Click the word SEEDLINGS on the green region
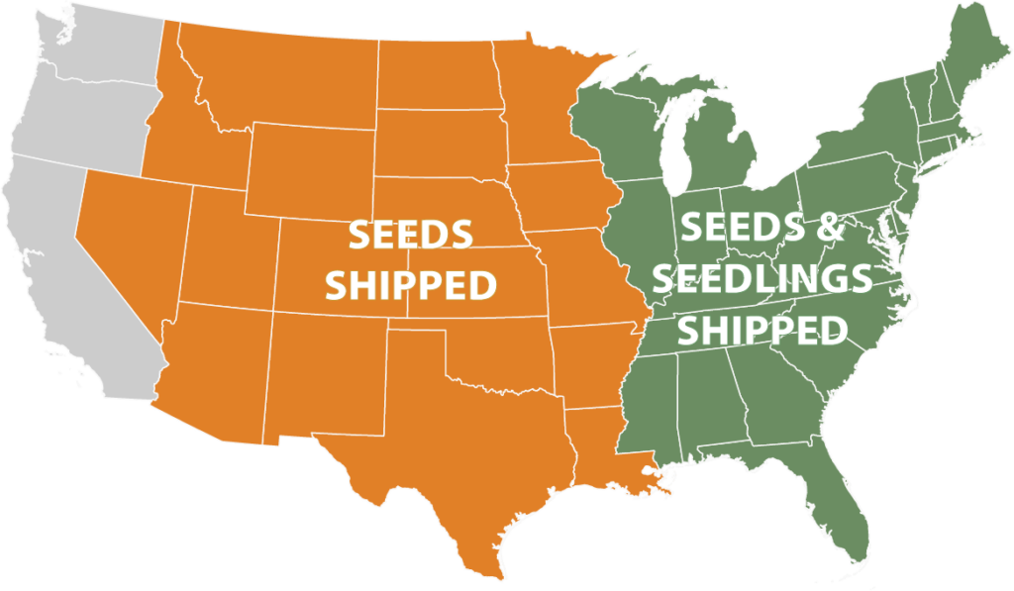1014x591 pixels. (762, 279)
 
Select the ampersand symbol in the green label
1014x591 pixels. (830, 230)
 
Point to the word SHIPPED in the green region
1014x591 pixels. (762, 329)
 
